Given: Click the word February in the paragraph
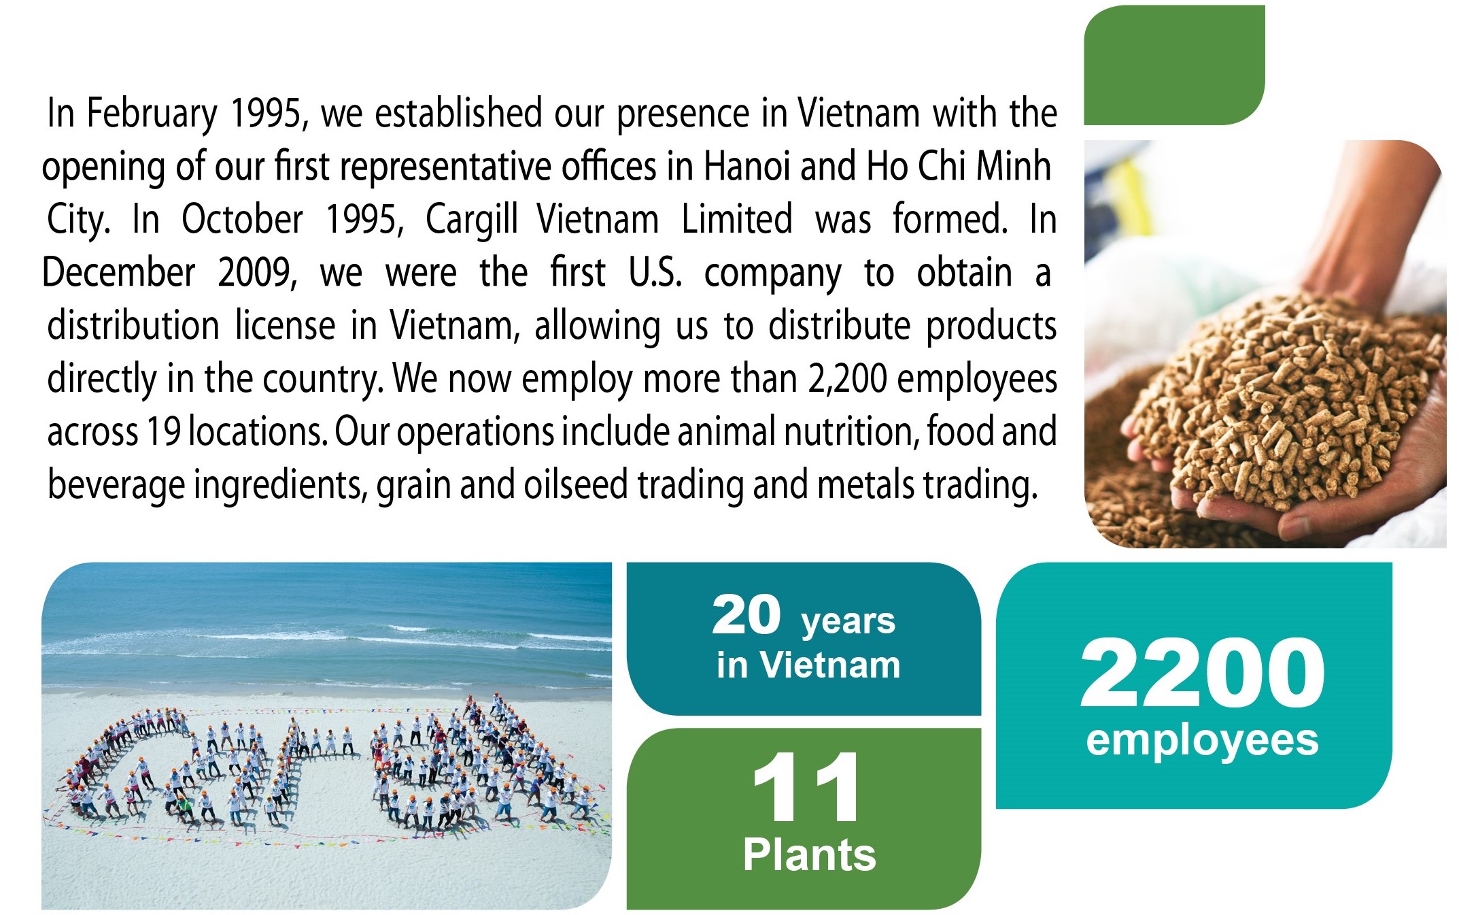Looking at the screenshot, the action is point(152,114).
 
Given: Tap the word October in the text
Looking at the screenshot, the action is point(242,219).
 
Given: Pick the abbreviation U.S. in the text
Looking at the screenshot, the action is point(655,272).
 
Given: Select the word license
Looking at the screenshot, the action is point(286,325).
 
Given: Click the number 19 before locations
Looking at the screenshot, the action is point(163,431).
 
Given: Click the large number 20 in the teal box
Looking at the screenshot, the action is point(746,614).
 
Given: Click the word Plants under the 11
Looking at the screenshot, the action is point(809,854).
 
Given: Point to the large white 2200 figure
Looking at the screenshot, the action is point(1202,673).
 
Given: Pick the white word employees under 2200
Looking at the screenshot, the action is point(1202,741).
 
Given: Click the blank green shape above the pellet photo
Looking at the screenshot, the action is point(1174,65).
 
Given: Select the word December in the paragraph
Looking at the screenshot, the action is point(118,273).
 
